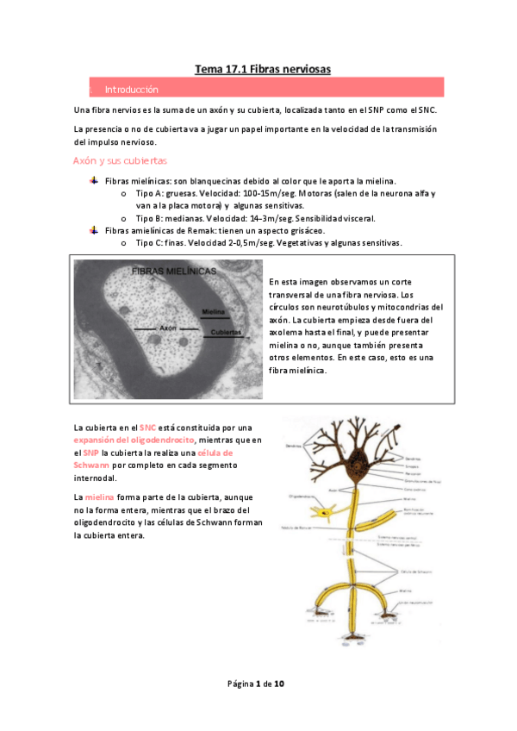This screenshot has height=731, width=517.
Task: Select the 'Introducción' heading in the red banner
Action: pos(131,90)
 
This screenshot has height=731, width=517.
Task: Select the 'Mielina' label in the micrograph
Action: pos(215,310)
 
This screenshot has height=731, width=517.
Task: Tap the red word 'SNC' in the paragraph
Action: pos(147,428)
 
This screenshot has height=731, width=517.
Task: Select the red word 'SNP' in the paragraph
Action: pos(90,453)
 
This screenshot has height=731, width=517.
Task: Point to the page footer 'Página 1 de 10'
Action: pos(256,684)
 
